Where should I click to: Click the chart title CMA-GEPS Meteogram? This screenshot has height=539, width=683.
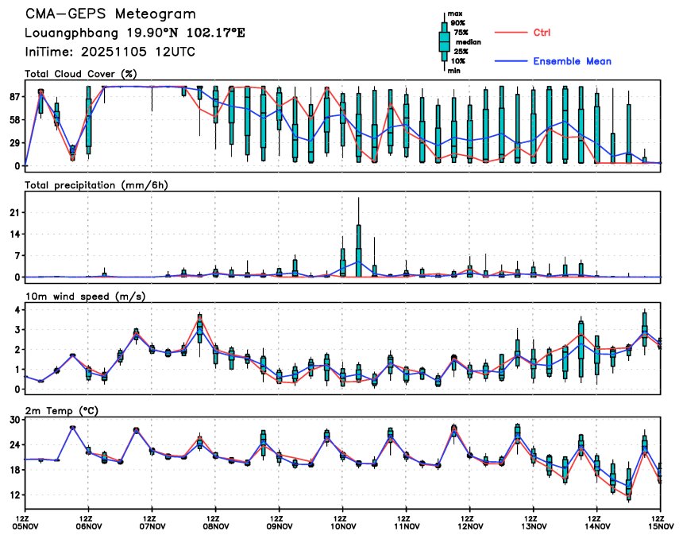tap(110, 14)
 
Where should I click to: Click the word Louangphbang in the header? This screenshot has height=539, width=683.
tap(63, 33)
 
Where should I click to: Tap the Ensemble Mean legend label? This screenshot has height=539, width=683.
tap(572, 61)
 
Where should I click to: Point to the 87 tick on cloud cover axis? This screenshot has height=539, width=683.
tap(14, 96)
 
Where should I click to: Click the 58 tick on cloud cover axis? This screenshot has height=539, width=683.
tap(14, 119)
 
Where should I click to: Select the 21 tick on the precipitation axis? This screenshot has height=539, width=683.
tap(14, 212)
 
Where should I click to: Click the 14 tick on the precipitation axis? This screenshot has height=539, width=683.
tap(14, 234)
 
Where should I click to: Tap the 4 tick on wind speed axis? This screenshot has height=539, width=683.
tap(17, 309)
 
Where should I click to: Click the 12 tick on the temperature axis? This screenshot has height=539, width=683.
tap(14, 494)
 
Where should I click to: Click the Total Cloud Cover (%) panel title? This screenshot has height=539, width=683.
tap(80, 74)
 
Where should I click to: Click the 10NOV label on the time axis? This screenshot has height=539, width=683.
tap(342, 525)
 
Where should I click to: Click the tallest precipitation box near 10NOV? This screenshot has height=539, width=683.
tap(359, 250)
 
